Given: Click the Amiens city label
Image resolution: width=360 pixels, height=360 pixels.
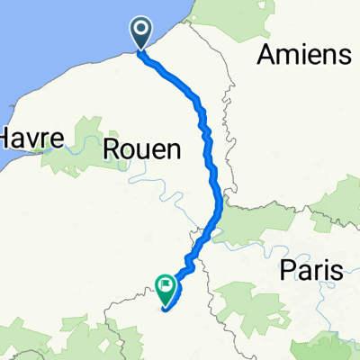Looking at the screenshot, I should pos(303,55).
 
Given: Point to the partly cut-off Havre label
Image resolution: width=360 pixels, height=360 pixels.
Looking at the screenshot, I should pos(31,139).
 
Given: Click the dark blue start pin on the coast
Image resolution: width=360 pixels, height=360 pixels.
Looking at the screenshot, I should pos(143,34).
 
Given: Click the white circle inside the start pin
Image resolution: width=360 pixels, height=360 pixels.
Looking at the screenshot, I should pos(143,31).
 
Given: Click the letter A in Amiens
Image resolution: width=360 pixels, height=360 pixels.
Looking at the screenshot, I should pos(266,55).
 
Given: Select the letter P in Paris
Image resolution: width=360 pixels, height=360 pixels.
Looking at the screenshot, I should pos(286,268).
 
